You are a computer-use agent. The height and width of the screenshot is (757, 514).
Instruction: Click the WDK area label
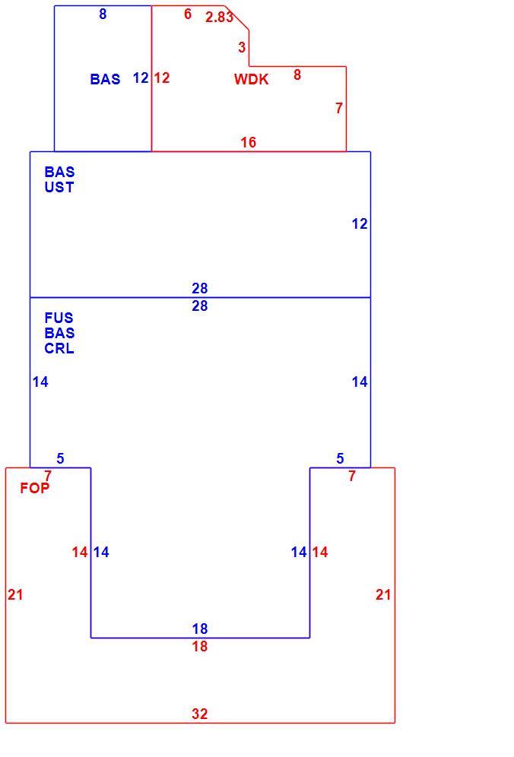251,79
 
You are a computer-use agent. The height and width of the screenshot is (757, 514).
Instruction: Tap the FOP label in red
35,488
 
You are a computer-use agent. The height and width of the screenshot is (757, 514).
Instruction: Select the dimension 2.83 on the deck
219,17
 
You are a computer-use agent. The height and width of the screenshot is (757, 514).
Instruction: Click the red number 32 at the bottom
199,714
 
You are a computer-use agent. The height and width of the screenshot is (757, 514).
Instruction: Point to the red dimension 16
249,142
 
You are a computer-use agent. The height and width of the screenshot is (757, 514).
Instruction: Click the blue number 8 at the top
103,14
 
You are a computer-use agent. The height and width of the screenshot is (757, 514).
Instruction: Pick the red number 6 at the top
188,14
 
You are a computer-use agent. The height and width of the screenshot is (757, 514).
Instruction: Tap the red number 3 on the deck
242,47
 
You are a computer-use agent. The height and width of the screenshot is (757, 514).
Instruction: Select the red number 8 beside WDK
297,74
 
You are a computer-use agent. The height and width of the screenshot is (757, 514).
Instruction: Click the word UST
59,187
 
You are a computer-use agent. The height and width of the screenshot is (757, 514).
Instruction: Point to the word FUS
59,318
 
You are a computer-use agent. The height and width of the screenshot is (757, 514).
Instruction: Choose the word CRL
59,348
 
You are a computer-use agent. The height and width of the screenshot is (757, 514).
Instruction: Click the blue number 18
199,629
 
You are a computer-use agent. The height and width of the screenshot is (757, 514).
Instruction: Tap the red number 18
199,646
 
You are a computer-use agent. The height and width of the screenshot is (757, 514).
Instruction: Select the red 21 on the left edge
15,594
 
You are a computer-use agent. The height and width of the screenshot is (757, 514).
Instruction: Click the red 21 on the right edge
383,594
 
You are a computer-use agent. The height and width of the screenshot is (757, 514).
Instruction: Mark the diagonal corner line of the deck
236,18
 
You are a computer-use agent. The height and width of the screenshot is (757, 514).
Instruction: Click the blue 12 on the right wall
360,223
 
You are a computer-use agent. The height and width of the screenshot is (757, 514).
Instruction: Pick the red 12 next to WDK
162,78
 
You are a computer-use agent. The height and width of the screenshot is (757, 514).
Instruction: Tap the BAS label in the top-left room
106,79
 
